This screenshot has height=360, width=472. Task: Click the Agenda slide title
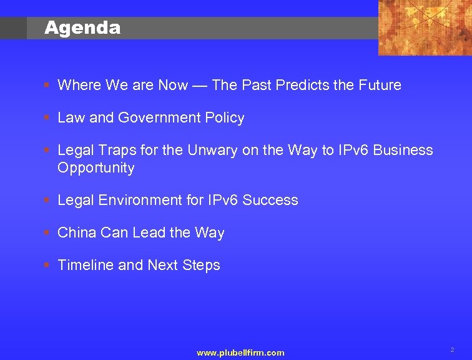pyautogui.click(x=82, y=28)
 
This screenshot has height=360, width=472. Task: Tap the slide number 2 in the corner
pyautogui.click(x=452, y=350)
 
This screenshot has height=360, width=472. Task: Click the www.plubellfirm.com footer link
pyautogui.click(x=240, y=353)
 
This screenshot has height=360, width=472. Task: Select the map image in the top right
pyautogui.click(x=425, y=27)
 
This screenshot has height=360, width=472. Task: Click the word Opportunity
pyautogui.click(x=96, y=167)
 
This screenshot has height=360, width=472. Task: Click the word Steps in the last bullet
pyautogui.click(x=201, y=265)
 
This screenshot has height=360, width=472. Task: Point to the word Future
pyautogui.click(x=378, y=85)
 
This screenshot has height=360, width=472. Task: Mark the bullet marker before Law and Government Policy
pyautogui.click(x=48, y=117)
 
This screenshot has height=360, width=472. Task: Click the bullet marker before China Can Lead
pyautogui.click(x=48, y=232)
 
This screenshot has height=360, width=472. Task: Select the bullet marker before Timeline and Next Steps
pyautogui.click(x=48, y=265)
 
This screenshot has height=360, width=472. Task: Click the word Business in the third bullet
pyautogui.click(x=404, y=150)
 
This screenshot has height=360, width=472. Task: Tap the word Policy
pyautogui.click(x=225, y=117)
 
